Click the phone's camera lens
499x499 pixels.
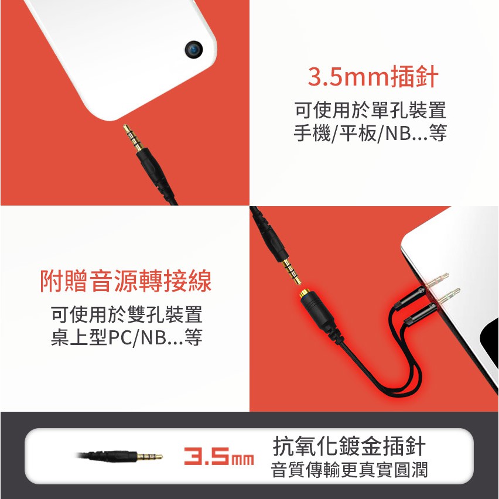(194, 50)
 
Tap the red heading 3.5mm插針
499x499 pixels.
(373, 76)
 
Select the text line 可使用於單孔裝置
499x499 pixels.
(370, 110)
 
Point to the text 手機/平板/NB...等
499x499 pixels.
(370, 133)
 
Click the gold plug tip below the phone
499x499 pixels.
(133, 138)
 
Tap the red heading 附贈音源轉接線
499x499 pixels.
(126, 281)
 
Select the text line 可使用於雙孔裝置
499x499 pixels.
(127, 314)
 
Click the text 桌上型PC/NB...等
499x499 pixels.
(127, 337)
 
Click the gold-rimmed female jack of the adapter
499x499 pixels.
(305, 294)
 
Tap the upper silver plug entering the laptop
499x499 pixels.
(438, 280)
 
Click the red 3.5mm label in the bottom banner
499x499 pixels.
(219, 456)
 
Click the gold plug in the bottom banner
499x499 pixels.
(149, 457)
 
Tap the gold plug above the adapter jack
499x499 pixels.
(292, 271)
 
